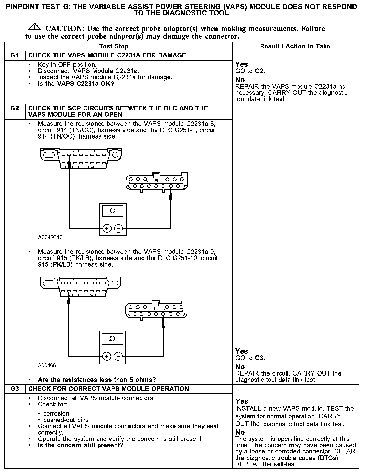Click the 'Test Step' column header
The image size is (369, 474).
[x=114, y=46]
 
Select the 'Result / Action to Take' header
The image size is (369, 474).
[x=295, y=46]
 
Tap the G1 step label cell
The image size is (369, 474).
[x=15, y=55]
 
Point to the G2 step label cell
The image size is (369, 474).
[x=15, y=108]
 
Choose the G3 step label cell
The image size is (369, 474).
[x=15, y=389]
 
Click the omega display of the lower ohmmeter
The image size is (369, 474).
[x=113, y=339]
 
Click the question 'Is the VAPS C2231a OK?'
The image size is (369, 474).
[x=76, y=84]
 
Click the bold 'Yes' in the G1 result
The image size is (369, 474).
[x=242, y=64]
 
